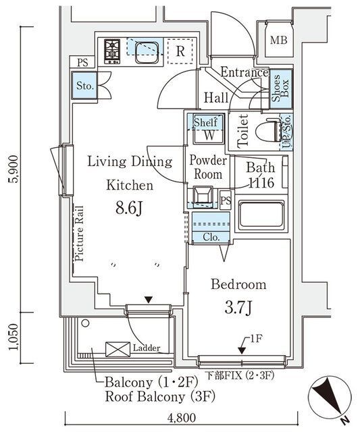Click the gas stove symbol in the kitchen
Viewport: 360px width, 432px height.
[112, 51]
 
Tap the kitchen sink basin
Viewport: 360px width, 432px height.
[147, 53]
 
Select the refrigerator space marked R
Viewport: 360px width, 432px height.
[180, 51]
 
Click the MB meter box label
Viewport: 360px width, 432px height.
[278, 40]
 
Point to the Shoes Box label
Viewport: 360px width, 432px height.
[280, 88]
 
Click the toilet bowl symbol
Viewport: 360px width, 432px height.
[268, 130]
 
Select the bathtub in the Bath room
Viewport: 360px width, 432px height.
[261, 215]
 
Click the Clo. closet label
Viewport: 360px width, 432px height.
[211, 237]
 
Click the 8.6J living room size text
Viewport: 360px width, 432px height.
[129, 208]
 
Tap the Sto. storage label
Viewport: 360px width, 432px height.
[85, 86]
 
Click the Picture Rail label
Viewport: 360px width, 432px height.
[80, 234]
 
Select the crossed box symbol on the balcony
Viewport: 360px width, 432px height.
[118, 350]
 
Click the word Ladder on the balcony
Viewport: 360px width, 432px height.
[147, 348]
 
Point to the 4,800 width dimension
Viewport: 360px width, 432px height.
[182, 418]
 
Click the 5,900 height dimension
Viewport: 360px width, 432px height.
[14, 169]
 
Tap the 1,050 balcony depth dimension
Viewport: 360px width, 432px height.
[14, 337]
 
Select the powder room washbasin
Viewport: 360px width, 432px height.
[203, 196]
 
